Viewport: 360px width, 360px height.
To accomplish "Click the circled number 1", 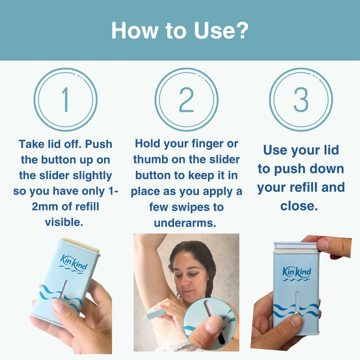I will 65,99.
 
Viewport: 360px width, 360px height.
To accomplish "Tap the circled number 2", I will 186,99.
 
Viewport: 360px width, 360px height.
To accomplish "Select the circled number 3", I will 301,99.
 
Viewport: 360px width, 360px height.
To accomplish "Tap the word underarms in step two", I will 184,223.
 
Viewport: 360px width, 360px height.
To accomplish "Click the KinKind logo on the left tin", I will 73,262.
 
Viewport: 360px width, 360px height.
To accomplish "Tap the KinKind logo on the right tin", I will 296,272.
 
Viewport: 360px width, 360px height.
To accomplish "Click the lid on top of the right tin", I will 295,245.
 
